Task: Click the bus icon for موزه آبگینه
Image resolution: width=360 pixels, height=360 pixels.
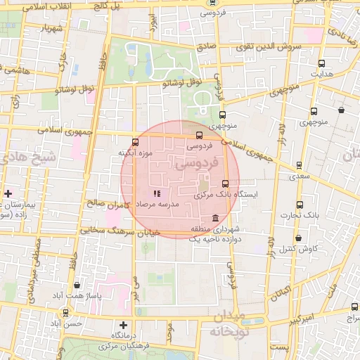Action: pos(135,141)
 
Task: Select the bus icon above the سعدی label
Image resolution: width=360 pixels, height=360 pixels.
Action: pos(300,165)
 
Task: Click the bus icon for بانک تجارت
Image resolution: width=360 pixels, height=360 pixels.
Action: pos(300,205)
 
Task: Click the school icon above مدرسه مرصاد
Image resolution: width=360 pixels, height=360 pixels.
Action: pos(156,193)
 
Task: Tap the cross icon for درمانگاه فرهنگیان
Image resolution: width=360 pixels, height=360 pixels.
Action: pos(124,325)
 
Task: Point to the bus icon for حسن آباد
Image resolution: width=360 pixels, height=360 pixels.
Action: pos(65,313)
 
